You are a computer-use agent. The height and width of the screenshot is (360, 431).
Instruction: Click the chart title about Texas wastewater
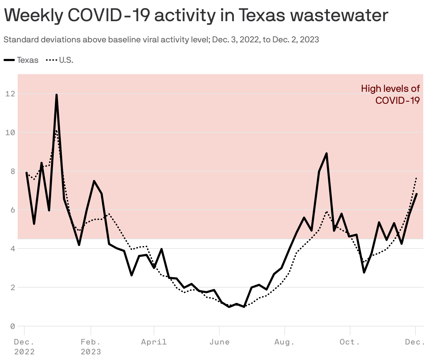click(196, 15)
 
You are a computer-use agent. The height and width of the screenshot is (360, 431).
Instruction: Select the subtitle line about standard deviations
click(161, 40)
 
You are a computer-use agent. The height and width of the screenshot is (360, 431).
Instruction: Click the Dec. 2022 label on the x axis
click(24, 347)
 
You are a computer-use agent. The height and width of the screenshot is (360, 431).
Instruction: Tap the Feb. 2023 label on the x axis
click(91, 347)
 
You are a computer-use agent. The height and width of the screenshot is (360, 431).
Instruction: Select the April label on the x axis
click(154, 342)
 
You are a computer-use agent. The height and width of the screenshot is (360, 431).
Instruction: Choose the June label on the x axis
click(219, 342)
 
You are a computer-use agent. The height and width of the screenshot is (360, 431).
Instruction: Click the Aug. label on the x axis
click(284, 342)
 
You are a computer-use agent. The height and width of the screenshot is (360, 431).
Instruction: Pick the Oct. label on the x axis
click(350, 342)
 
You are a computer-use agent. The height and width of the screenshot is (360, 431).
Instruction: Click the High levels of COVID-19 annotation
click(390, 94)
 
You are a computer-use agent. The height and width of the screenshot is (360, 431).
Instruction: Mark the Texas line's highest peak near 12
click(57, 95)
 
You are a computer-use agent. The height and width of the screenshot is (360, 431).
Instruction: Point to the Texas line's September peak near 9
click(326, 154)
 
